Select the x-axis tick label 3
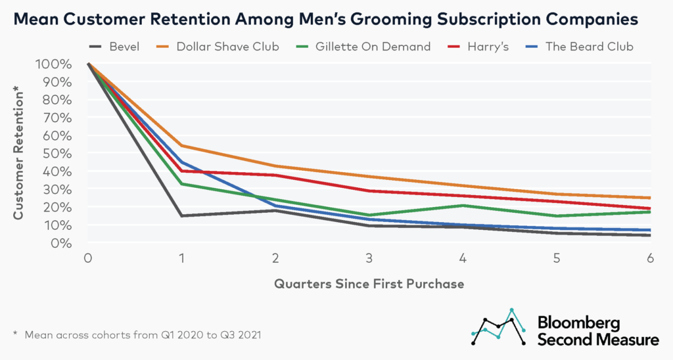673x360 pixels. click(x=369, y=258)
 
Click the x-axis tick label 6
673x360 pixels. click(x=650, y=258)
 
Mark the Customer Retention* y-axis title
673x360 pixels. click(x=19, y=152)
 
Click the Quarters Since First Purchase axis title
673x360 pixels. click(x=369, y=284)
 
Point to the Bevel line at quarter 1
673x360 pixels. click(x=181, y=215)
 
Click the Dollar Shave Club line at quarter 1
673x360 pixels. click(x=181, y=146)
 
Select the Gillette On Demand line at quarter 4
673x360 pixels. click(x=463, y=206)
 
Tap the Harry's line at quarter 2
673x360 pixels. click(x=275, y=175)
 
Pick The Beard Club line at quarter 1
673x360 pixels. click(x=181, y=162)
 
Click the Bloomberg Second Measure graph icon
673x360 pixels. click(x=498, y=327)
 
